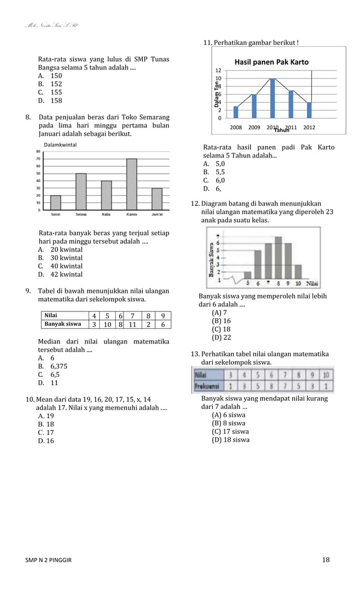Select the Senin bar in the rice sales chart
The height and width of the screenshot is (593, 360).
tap(56, 203)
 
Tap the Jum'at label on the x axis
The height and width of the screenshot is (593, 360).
tap(157, 214)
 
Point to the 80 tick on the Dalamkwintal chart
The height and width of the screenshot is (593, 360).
tap(38, 151)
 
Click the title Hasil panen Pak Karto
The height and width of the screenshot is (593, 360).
tap(271, 62)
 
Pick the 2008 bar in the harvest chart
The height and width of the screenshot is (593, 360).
tap(236, 112)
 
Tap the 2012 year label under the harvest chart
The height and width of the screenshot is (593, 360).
tap(309, 128)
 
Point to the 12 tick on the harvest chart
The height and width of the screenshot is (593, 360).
tap(218, 70)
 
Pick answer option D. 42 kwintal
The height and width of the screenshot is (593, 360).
tap(60, 274)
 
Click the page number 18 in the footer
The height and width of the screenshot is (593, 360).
tap(326, 560)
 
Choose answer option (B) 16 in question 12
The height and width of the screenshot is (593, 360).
tap(221, 320)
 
